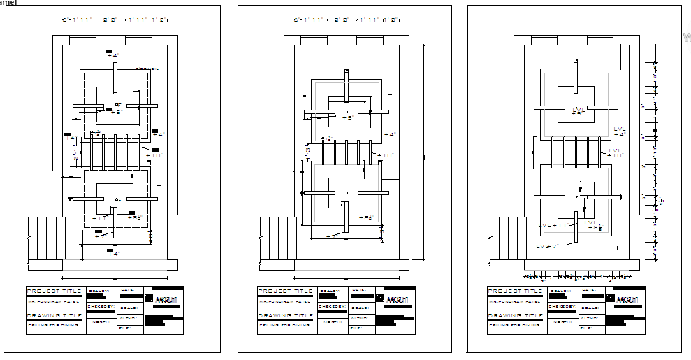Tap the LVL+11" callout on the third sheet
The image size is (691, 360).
pyautogui.click(x=553, y=225)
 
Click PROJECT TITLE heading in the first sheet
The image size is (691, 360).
pyautogui.click(x=54, y=291)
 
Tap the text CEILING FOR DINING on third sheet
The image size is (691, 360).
pyautogui.click(x=513, y=325)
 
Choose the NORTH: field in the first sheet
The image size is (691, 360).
pyautogui.click(x=102, y=322)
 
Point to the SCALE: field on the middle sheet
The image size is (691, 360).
pyautogui.click(x=360, y=307)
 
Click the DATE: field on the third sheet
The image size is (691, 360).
pyautogui.click(x=588, y=289)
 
